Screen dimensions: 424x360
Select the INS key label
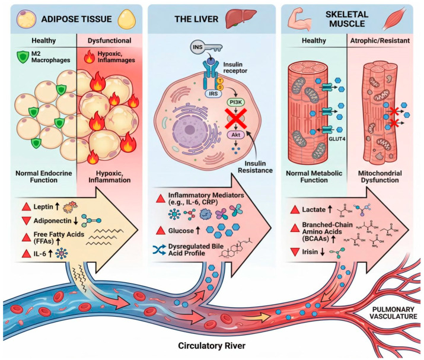tap(197, 47)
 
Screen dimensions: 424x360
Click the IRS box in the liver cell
tap(213, 94)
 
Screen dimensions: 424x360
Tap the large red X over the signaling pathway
tap(236, 118)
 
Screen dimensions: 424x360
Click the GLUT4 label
tap(337, 139)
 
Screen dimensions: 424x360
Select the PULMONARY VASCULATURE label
tap(393, 313)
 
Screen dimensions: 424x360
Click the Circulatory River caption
tap(212, 345)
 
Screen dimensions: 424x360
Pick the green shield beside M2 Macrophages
tap(23, 57)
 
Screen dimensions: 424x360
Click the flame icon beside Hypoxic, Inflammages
tap(89, 58)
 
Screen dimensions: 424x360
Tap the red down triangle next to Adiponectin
tap(26, 221)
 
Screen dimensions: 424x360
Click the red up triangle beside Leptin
tap(26, 207)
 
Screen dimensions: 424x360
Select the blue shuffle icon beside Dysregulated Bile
tap(160, 250)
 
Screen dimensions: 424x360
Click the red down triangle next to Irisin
tap(295, 252)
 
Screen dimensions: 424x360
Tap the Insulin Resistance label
tap(255, 167)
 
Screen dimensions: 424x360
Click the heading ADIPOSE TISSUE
tap(76, 19)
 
